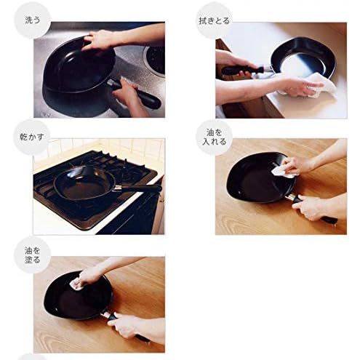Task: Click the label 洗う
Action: [32, 20]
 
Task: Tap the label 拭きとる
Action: [214, 21]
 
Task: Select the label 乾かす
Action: [32, 137]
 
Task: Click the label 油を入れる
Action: [214, 137]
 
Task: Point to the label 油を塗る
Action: [32, 255]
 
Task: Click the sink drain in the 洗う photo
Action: [155, 59]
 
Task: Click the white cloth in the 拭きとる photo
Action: [318, 87]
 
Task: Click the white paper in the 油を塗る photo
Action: [76, 284]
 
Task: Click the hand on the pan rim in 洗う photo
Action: [98, 40]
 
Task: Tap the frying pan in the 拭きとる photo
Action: [303, 57]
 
